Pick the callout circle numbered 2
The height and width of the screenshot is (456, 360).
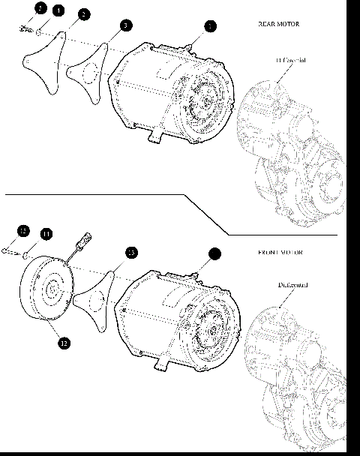(x=83, y=14)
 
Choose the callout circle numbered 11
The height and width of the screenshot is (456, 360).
(x=46, y=234)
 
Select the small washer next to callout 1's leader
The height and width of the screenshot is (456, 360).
(x=38, y=32)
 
